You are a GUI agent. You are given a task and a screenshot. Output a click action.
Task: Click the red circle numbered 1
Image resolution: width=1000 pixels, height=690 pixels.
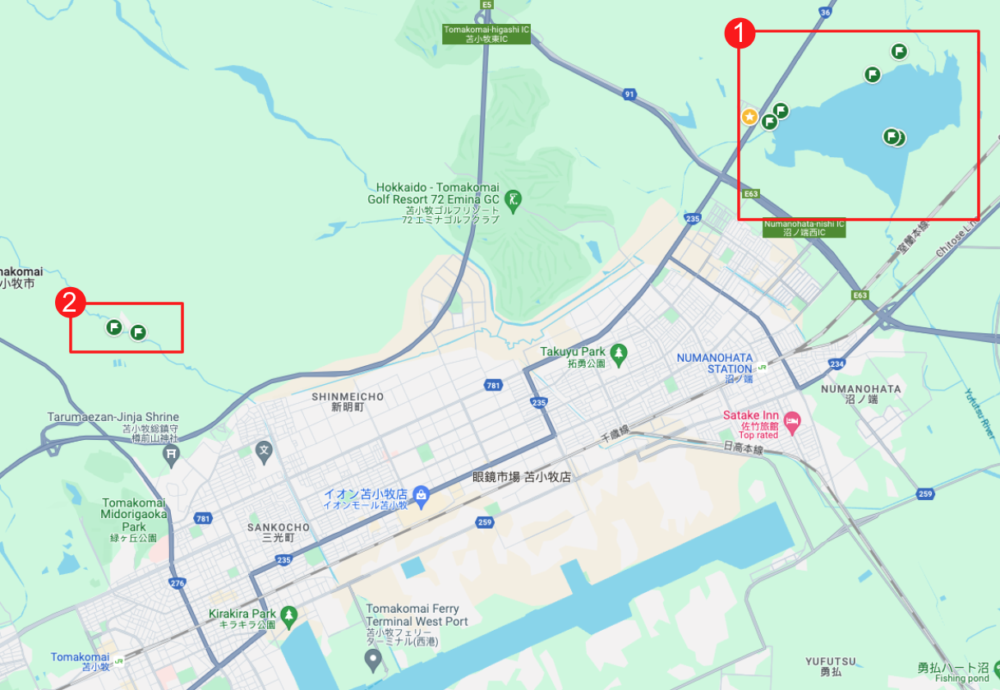pos(739,34)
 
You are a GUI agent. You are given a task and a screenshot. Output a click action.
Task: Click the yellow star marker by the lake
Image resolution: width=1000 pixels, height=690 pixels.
pos(749,117)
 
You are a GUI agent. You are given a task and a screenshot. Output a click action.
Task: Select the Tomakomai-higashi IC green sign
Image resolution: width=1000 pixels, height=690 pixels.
pos(486,34)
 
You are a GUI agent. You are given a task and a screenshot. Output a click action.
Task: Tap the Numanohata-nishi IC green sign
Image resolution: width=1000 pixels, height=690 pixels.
pos(804,228)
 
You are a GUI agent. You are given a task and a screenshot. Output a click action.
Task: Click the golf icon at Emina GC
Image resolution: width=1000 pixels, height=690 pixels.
pos(514,199)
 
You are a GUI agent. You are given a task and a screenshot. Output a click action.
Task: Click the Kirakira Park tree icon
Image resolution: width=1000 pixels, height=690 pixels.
pos(288,614)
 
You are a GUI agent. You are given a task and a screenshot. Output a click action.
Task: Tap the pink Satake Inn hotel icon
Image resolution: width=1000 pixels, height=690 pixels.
pos(792,423)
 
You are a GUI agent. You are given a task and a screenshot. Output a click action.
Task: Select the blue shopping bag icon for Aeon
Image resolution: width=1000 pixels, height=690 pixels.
pos(421,494)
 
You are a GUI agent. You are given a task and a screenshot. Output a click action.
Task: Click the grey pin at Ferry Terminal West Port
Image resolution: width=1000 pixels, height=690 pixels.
pos(373,659)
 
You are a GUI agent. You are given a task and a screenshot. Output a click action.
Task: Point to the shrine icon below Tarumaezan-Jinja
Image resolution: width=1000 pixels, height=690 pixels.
pos(171,453)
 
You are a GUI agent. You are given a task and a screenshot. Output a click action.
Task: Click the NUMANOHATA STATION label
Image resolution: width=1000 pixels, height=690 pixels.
pos(714,364)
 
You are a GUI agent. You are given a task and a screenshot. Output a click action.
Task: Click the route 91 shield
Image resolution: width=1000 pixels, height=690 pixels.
pos(629,95)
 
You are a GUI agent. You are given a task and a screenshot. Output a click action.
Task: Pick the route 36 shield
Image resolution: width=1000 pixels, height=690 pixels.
pos(825,12)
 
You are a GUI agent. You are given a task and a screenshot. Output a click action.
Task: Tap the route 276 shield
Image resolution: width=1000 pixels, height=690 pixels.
pos(177,583)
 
